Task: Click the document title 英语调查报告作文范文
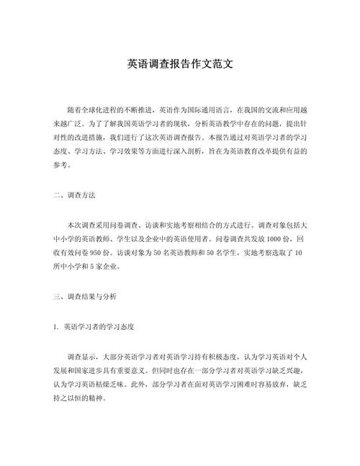click(x=179, y=63)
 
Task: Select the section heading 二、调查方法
click(x=75, y=194)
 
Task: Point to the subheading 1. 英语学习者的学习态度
click(x=94, y=326)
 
